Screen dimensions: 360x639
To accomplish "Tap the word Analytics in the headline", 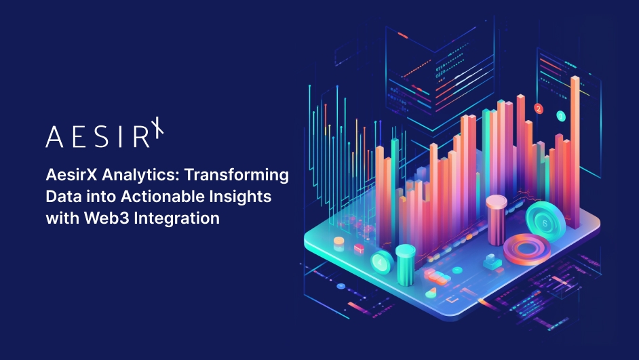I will coord(140,176).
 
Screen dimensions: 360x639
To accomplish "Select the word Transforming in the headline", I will coord(237,176).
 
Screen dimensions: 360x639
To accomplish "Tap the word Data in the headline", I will coord(61,197).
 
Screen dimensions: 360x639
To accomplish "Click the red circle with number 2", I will coord(539,108).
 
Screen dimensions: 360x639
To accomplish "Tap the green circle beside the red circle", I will coord(561,117).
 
